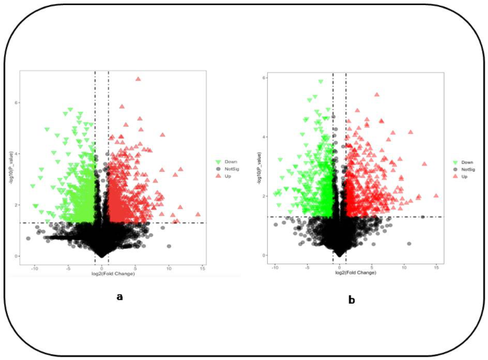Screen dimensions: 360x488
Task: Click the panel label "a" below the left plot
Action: tap(119, 297)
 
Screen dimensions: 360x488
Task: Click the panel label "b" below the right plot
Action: tap(351, 300)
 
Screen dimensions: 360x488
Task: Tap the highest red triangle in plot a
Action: tap(137, 79)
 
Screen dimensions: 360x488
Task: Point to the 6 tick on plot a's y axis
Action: tap(16, 103)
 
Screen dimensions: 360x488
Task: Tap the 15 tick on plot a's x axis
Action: tap(203, 267)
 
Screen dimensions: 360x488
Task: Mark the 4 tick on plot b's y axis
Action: tap(264, 137)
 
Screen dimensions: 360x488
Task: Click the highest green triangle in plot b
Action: tap(321, 82)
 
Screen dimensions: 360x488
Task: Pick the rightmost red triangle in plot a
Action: tap(198, 214)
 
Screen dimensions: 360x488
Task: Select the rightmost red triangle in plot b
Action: tap(435, 195)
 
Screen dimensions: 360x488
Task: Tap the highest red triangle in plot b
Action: tap(377, 94)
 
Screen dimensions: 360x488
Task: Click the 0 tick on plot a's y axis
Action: tap(16, 256)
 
